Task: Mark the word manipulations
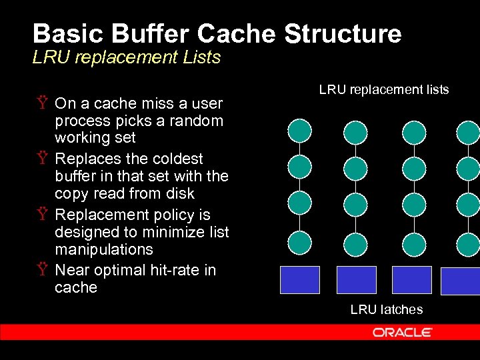tap(103, 249)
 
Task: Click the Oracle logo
tap(402, 332)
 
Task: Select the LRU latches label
tap(387, 309)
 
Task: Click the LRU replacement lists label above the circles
tap(384, 89)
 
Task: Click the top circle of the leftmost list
tap(299, 131)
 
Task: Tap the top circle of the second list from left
tap(355, 131)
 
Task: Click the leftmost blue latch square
tap(299, 280)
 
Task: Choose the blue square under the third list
tap(411, 280)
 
